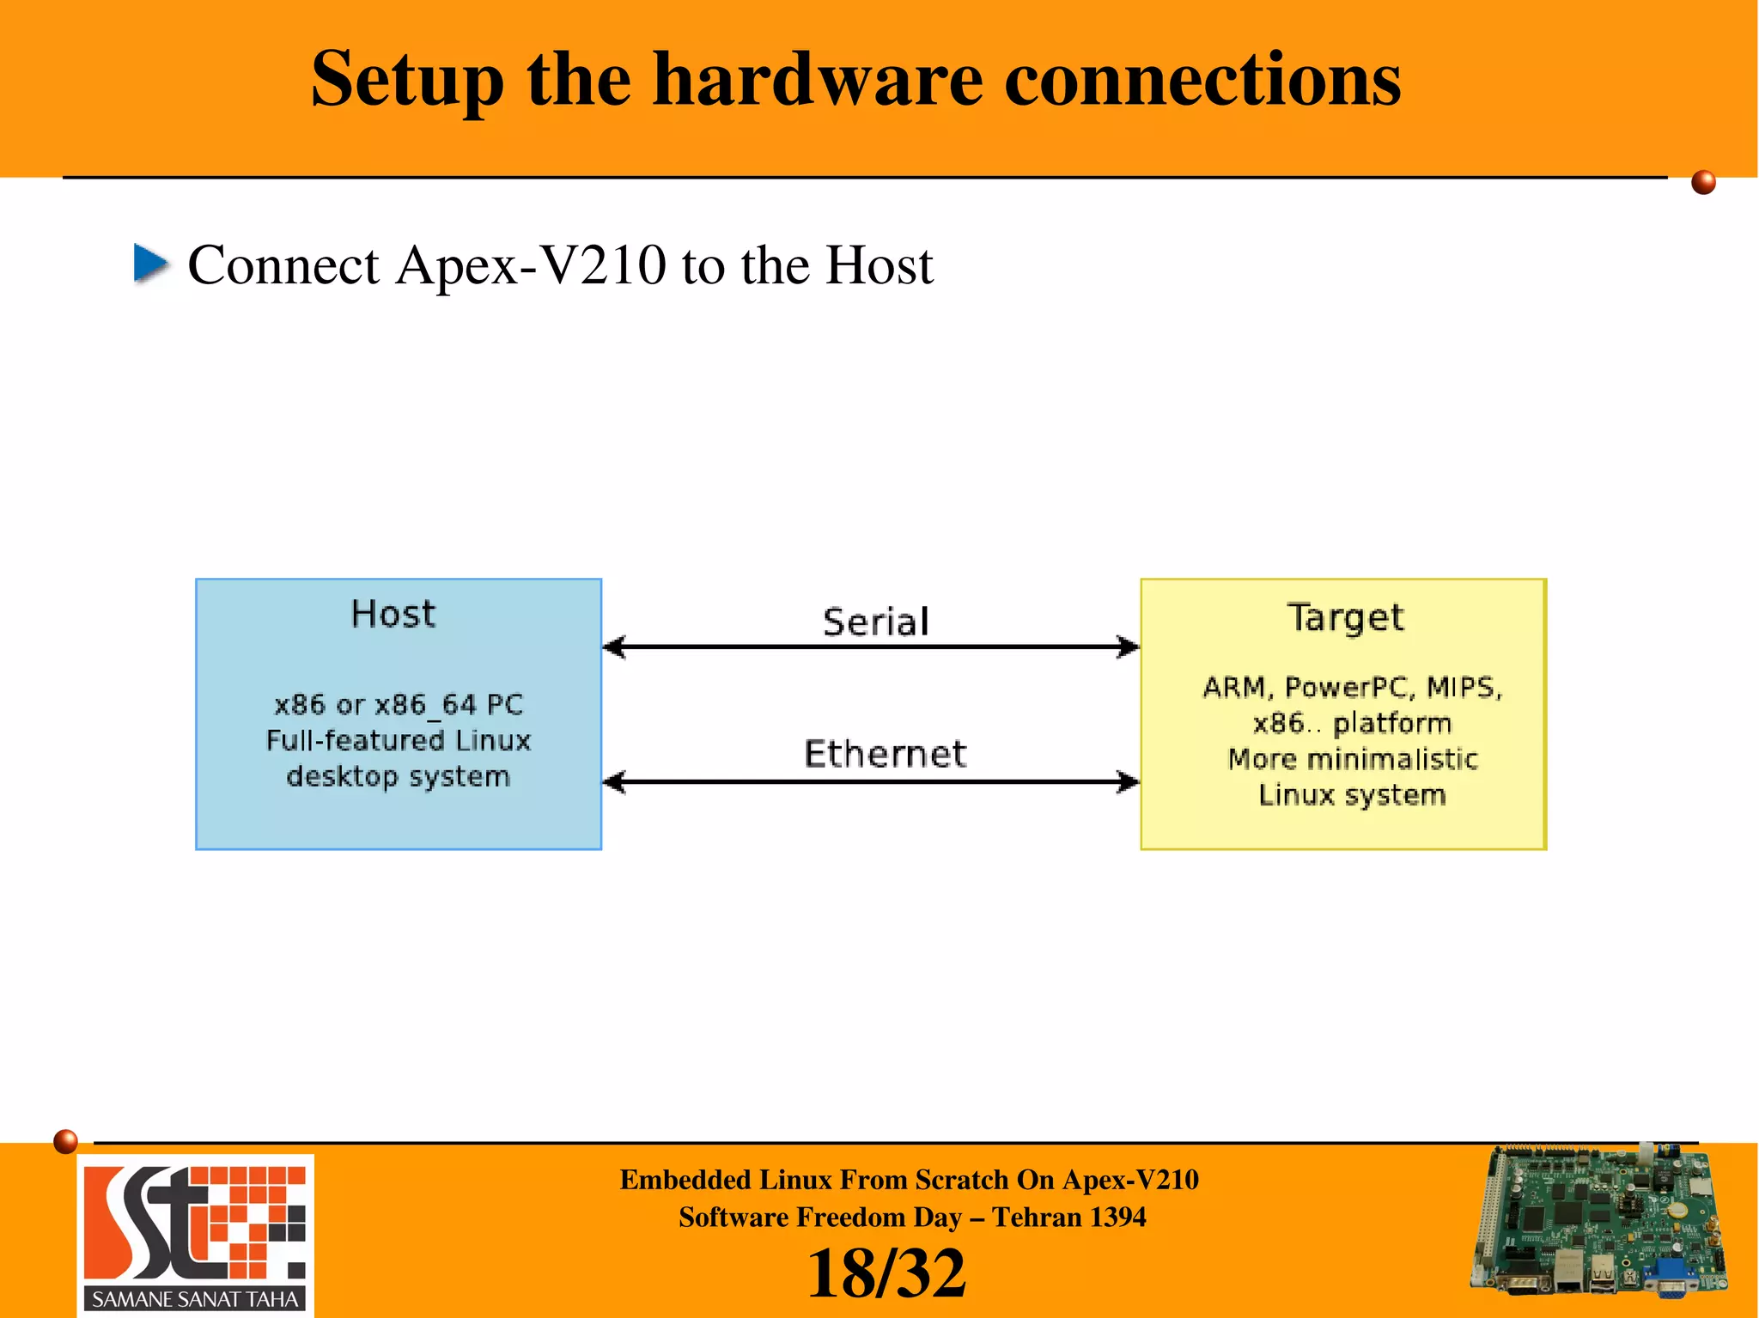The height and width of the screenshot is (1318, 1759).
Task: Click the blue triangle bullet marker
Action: coord(151,263)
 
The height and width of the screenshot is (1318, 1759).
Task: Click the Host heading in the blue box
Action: coord(393,615)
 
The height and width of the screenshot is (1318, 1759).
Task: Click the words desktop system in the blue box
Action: coord(398,776)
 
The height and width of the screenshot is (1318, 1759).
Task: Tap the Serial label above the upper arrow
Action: coord(875,622)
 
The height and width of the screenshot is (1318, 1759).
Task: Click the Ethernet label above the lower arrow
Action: coord(885,754)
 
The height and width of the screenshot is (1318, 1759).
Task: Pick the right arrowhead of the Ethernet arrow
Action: coord(1128,781)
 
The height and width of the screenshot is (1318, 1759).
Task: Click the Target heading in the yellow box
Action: coord(1345,617)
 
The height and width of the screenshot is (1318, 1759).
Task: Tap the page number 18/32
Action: coord(886,1273)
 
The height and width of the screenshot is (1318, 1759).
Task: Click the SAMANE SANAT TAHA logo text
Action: coord(195,1299)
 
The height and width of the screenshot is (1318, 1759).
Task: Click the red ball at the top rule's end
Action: coord(1703,182)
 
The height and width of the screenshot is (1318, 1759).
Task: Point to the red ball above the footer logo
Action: coord(65,1141)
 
